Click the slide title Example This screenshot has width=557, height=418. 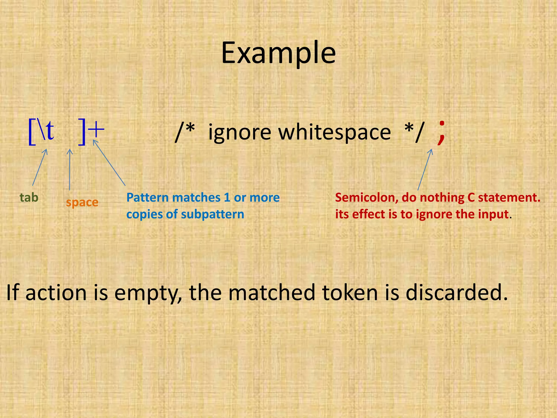[x=278, y=53]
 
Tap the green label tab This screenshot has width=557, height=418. [x=29, y=198]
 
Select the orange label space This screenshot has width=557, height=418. [x=82, y=202]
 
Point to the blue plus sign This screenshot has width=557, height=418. [x=96, y=130]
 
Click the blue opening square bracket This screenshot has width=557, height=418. [x=32, y=132]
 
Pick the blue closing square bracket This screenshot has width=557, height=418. [x=82, y=132]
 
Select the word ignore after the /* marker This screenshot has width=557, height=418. [x=239, y=133]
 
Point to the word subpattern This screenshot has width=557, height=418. [x=212, y=214]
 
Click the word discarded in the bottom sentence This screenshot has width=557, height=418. [x=457, y=293]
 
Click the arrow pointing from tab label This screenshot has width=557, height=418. [x=40, y=167]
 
